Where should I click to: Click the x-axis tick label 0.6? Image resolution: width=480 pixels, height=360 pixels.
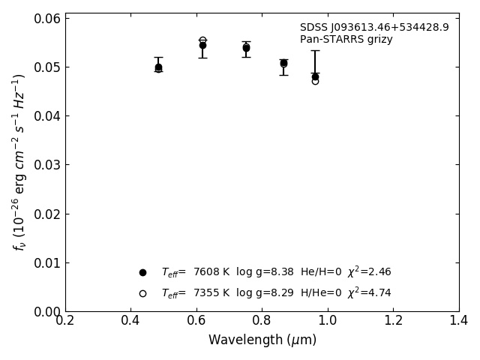(196, 320)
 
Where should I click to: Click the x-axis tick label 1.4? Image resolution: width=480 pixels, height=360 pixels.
(458, 320)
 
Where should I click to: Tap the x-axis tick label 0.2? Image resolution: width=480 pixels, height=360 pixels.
(65, 320)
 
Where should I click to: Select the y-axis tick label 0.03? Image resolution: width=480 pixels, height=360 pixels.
(46, 165)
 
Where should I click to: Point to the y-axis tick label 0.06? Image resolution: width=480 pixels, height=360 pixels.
(46, 18)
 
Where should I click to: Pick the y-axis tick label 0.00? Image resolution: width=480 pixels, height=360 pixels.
(46, 311)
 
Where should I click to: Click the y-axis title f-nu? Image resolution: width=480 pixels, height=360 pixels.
(19, 162)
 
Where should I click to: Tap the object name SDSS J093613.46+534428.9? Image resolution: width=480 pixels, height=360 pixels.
(374, 28)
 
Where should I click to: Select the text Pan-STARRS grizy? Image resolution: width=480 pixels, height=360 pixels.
(346, 40)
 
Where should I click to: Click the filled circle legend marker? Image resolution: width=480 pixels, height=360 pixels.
(142, 272)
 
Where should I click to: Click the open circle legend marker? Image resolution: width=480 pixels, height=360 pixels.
(142, 293)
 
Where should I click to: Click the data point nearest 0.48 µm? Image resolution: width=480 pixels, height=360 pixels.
(158, 67)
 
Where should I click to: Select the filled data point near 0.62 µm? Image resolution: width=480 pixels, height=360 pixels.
(202, 45)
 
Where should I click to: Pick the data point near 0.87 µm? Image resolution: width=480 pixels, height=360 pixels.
(283, 63)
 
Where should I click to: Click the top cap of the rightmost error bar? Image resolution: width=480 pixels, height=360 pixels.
(315, 50)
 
